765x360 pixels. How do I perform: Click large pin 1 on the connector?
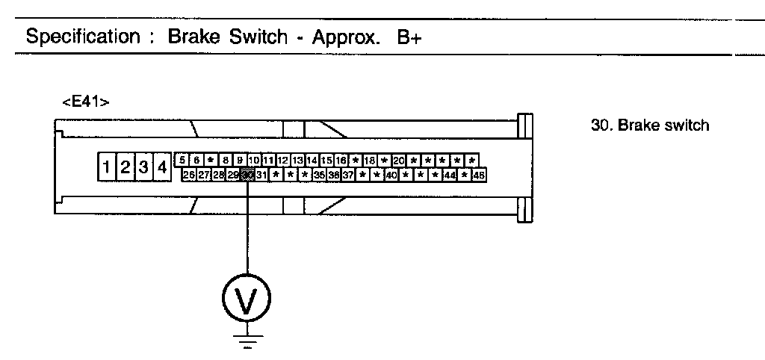click(x=108, y=167)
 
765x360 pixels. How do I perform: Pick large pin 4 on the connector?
click(x=161, y=167)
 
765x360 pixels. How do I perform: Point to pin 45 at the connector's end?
click(x=479, y=175)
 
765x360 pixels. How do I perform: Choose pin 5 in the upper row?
click(x=183, y=160)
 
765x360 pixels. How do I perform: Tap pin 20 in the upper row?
click(x=398, y=160)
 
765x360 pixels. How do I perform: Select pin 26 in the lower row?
click(x=189, y=175)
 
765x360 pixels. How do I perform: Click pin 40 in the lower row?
click(x=391, y=175)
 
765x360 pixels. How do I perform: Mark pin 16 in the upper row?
click(x=341, y=160)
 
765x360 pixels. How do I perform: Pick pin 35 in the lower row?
click(x=319, y=175)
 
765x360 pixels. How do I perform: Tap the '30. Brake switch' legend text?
click(x=649, y=125)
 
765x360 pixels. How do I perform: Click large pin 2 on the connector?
click(x=126, y=167)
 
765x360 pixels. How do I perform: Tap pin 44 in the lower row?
click(x=450, y=175)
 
